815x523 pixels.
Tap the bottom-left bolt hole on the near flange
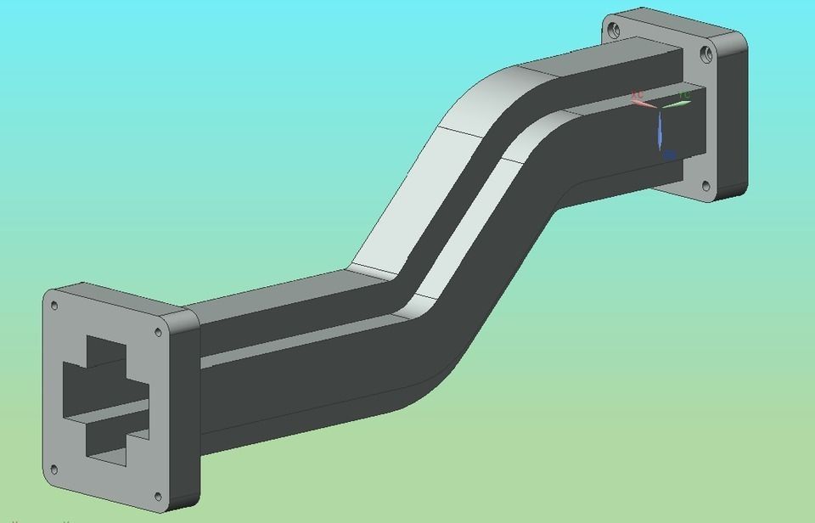54,468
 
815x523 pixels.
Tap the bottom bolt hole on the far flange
704,183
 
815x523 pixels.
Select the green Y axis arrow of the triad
677,104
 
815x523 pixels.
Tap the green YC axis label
684,94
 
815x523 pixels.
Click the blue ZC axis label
670,155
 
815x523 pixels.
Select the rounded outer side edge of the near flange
188,408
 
